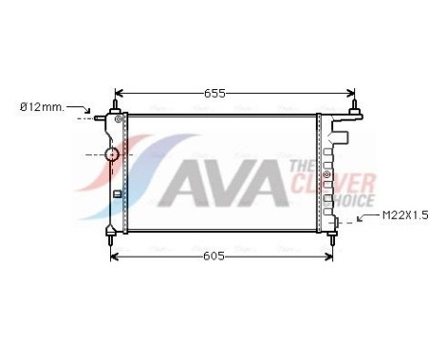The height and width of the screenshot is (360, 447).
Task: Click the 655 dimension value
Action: [x=215, y=93]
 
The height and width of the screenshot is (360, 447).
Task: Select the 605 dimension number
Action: [x=214, y=258]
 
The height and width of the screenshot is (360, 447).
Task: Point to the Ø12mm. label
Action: [x=43, y=107]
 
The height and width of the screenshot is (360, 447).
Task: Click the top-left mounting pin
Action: [x=118, y=102]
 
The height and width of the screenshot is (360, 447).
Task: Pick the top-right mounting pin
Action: [x=355, y=102]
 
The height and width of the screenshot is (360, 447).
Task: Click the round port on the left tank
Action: [x=112, y=153]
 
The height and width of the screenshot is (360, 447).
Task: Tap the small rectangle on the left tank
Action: [x=117, y=193]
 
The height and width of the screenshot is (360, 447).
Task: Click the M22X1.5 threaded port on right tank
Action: [x=337, y=225]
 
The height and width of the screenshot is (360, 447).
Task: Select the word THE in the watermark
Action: [x=301, y=167]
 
